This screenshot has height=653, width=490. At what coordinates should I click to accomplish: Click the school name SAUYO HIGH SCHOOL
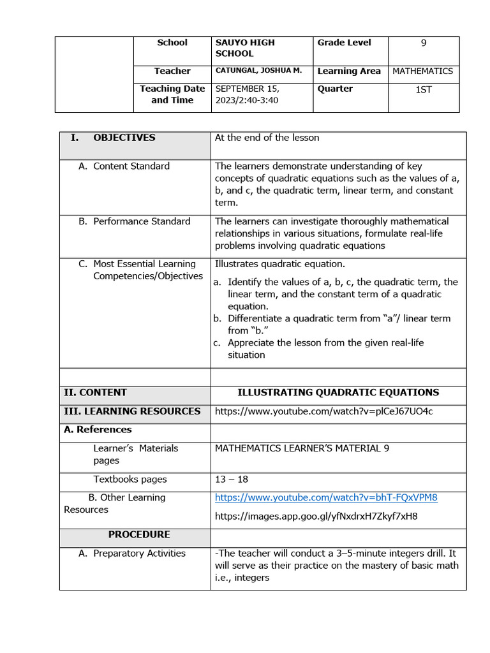(245, 48)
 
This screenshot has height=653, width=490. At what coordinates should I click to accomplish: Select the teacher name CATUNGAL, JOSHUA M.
(258, 71)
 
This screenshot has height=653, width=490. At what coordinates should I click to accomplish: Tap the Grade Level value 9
(424, 43)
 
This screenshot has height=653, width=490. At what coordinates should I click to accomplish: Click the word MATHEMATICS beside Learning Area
(422, 71)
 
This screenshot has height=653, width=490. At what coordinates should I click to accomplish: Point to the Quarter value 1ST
(424, 89)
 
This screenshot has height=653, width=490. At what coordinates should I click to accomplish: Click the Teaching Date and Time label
(172, 94)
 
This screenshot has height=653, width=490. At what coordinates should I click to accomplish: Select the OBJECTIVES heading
(124, 138)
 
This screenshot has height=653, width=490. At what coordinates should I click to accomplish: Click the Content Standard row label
(131, 166)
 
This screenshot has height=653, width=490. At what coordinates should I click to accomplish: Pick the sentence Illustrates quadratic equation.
(279, 264)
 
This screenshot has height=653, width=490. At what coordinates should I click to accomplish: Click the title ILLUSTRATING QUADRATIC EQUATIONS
(338, 393)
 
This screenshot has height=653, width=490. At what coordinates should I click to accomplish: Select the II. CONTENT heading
(95, 393)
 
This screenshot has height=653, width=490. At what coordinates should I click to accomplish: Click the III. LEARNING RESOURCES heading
(132, 411)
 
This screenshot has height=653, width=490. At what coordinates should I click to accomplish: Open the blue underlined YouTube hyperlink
(326, 497)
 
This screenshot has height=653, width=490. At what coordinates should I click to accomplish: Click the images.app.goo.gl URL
(316, 516)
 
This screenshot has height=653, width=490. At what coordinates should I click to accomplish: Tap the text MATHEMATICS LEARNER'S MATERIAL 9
(302, 448)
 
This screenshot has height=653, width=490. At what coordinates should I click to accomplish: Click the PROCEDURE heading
(138, 534)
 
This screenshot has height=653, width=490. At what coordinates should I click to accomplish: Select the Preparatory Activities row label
(139, 554)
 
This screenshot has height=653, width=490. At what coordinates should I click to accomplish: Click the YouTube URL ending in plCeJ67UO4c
(323, 411)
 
